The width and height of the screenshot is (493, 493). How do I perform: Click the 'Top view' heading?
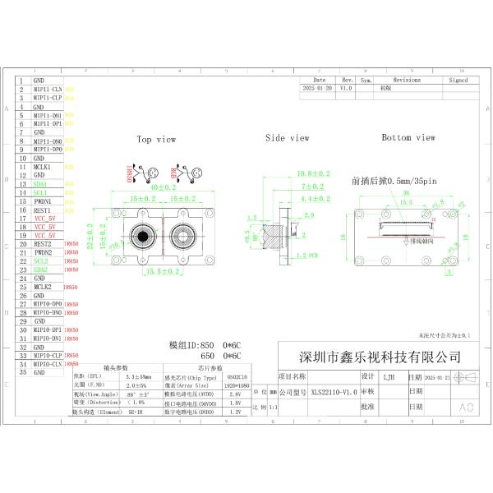156,140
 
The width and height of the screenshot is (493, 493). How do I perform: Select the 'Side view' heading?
287,138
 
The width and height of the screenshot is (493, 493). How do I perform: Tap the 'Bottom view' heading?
408,138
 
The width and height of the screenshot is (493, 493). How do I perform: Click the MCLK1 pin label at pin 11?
42,167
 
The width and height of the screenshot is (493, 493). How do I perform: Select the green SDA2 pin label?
40,270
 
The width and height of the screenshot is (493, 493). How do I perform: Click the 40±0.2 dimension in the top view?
162,188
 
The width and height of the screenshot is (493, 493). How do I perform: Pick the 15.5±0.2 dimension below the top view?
164,271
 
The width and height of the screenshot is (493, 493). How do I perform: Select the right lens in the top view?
183,236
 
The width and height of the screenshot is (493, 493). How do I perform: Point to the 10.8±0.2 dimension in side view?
312,173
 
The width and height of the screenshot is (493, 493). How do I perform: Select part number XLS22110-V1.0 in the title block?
334,393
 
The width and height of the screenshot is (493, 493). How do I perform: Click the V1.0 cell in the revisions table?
346,87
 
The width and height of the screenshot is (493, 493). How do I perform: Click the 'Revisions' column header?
407,81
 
